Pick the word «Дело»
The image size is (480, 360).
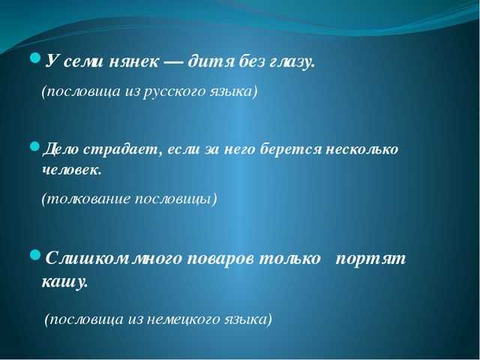point(61,150)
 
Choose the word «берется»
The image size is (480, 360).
point(290,150)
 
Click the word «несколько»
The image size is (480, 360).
point(362,150)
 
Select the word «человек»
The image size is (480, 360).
point(72,170)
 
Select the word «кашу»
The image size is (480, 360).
point(64,282)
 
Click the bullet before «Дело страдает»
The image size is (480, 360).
point(35,146)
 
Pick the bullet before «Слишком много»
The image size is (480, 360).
point(35,255)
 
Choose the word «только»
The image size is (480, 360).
point(289,259)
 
